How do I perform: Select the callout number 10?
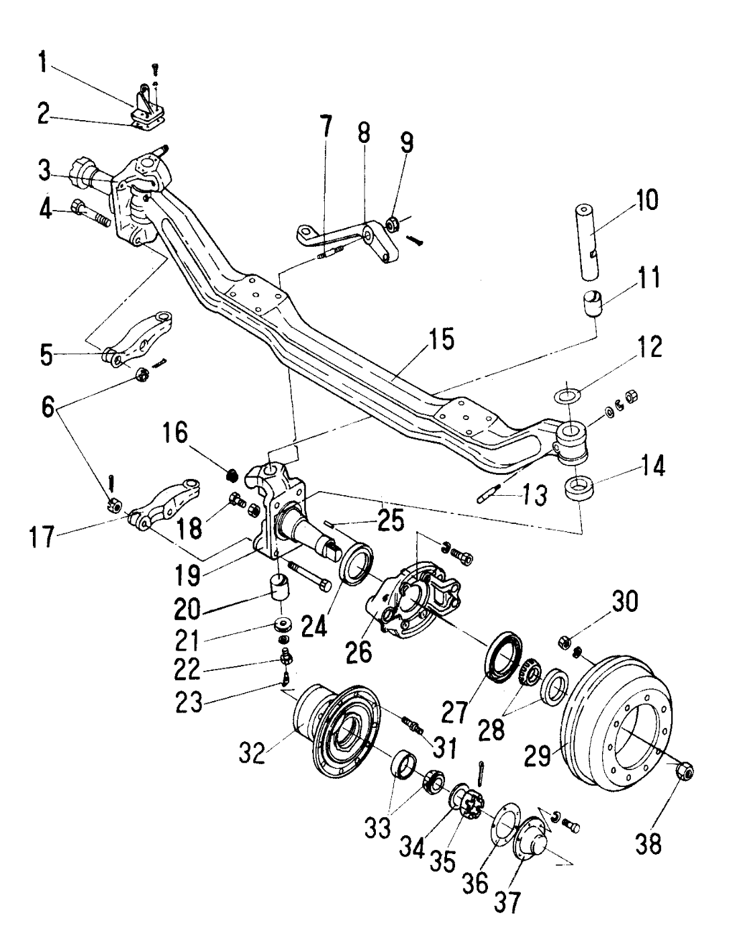pos(643,201)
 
